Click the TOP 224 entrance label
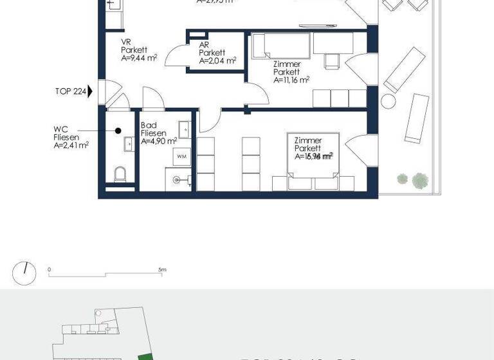70,91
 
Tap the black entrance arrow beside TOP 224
90,91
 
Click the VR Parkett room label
134,50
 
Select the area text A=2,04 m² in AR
217,62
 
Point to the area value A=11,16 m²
291,80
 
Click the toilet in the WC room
120,174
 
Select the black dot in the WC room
118,130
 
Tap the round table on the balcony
389,101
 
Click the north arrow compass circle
24,274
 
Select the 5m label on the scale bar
162,270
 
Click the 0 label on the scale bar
49,270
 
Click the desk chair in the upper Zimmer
332,60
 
